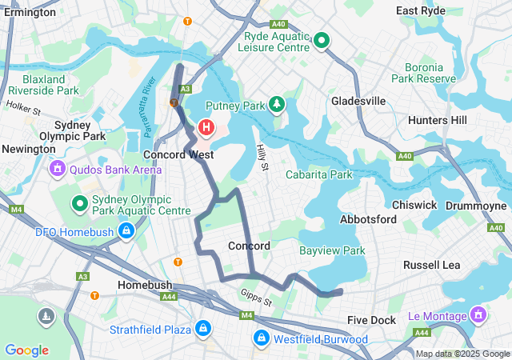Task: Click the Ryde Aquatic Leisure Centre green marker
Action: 322,40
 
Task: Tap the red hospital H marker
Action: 206,127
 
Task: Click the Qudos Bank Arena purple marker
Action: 57,169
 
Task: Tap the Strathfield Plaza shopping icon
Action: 203,330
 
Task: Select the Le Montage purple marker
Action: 478,315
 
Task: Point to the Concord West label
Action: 177,154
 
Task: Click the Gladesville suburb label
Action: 358,101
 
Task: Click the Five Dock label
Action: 372,320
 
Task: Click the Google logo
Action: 26,350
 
